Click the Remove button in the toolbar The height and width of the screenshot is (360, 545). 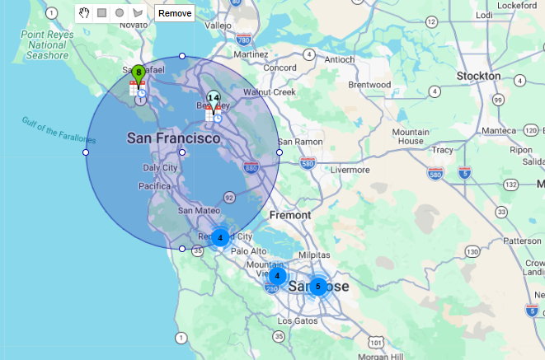pyautogui.click(x=175, y=13)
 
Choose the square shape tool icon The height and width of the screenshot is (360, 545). pyautogui.click(x=102, y=13)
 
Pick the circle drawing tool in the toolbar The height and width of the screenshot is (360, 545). pyautogui.click(x=120, y=13)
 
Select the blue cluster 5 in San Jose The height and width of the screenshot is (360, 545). pyautogui.click(x=317, y=286)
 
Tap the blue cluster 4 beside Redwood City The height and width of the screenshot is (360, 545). pyautogui.click(x=220, y=237)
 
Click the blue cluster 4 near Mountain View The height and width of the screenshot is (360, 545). pyautogui.click(x=278, y=275)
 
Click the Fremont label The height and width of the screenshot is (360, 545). pyautogui.click(x=290, y=215)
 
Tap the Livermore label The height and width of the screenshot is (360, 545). pyautogui.click(x=350, y=170)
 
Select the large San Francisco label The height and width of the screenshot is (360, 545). pyautogui.click(x=173, y=138)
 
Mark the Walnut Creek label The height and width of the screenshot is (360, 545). pyautogui.click(x=275, y=92)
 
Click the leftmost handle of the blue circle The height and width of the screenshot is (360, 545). pyautogui.click(x=86, y=152)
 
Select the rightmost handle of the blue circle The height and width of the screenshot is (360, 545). pyautogui.click(x=280, y=152)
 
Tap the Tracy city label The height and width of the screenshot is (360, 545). pyautogui.click(x=443, y=150)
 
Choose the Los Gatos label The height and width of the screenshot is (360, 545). pyautogui.click(x=298, y=320)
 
